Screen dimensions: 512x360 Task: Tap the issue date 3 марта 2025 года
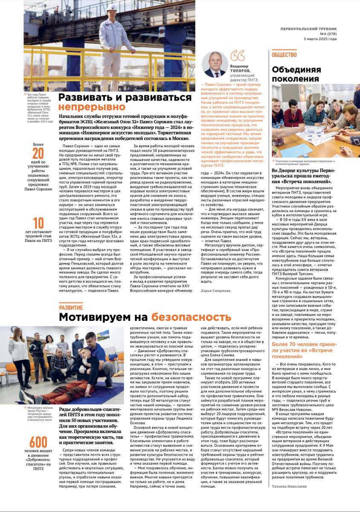point(320,38)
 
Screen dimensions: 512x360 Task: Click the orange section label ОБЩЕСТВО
point(284,55)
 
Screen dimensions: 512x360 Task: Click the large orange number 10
point(38,223)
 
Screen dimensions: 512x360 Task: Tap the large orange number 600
point(38,443)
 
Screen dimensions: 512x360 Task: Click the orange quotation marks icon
point(238,56)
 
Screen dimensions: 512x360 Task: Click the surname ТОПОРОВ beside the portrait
point(240,71)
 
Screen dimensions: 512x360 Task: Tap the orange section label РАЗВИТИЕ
point(71,308)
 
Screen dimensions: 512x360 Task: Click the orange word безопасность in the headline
point(190,317)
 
